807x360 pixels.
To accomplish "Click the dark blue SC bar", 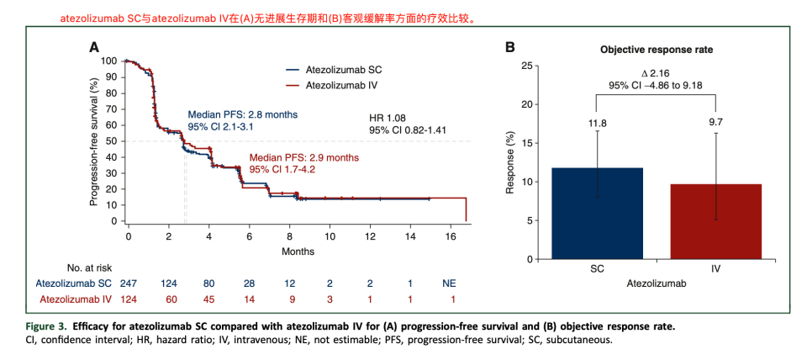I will tap(597, 214).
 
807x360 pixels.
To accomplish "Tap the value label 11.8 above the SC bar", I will tap(597, 123).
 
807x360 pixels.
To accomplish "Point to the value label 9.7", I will tap(715, 123).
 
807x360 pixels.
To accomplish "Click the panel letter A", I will tap(95, 48).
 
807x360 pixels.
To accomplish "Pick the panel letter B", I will tap(509, 48).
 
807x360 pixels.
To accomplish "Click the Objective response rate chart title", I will tap(657, 50).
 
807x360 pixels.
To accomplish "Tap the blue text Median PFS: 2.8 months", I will tap(242, 114).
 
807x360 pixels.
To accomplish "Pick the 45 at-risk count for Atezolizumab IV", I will tap(209, 299).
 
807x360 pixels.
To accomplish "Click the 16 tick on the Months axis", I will tap(452, 236).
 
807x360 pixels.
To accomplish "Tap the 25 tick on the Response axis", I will tap(527, 66).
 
